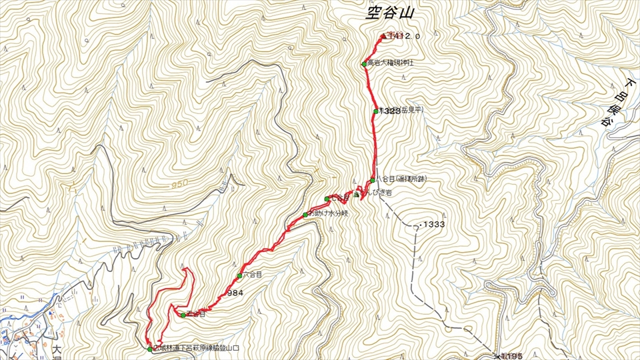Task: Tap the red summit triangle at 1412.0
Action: tap(383, 36)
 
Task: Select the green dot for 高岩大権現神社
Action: tap(365, 64)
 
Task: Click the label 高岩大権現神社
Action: tap(395, 64)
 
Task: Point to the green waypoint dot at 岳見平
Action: tap(376, 111)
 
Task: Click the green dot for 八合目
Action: tap(373, 180)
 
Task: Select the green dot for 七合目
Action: tap(327, 199)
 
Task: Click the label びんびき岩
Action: tap(373, 193)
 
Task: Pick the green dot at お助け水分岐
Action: tap(305, 215)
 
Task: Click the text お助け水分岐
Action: tap(327, 215)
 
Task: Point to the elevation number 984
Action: tap(234, 293)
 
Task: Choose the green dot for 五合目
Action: tap(183, 315)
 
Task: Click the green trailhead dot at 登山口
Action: tap(150, 349)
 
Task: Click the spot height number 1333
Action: tap(433, 225)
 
